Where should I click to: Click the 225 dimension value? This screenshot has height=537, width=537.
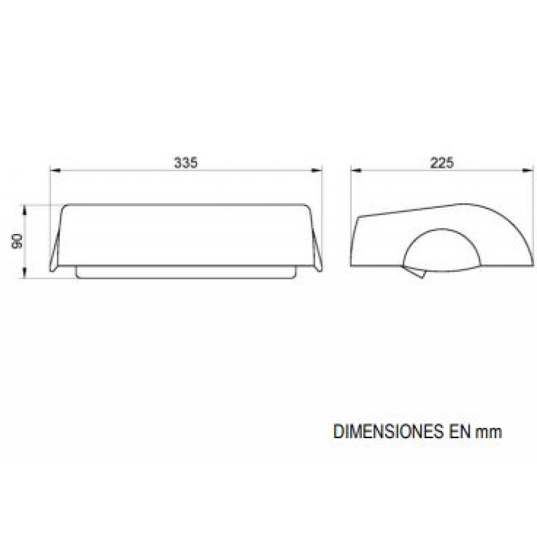pyautogui.click(x=442, y=163)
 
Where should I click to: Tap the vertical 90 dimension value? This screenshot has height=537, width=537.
pyautogui.click(x=17, y=241)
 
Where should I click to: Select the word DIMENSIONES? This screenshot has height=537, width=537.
pyautogui.click(x=387, y=440)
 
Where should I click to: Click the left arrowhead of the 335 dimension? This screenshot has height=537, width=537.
pyautogui.click(x=55, y=171)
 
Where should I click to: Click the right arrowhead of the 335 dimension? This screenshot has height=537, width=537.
pyautogui.click(x=316, y=171)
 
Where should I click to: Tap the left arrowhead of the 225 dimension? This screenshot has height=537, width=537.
pyautogui.click(x=356, y=171)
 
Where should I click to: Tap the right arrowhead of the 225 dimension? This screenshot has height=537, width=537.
pyautogui.click(x=528, y=171)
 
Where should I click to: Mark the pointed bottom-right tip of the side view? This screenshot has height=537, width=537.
pyautogui.click(x=533, y=265)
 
